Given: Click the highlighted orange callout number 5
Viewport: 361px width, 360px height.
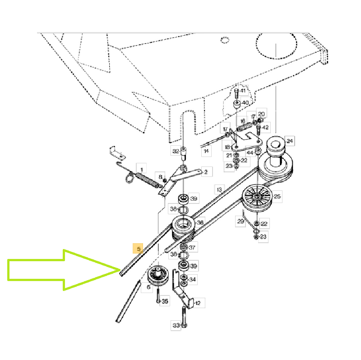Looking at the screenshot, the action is click(138, 249).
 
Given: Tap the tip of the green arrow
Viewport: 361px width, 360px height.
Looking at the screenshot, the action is click(120, 270).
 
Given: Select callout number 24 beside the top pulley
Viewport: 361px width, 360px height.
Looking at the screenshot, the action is click(290, 141).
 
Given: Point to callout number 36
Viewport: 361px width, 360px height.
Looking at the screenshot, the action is click(200, 222).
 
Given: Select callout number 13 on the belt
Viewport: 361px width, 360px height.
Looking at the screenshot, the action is click(219, 189).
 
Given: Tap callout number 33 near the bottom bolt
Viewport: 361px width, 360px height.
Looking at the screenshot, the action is click(176, 325).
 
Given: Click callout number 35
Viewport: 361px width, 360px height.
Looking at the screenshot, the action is click(165, 301).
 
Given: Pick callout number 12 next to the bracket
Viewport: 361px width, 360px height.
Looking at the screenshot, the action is click(197, 303).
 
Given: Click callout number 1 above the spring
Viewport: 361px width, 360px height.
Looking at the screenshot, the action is click(141, 170).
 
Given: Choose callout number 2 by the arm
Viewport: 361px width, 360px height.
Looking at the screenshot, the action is click(206, 172).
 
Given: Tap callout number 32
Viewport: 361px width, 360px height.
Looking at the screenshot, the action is click(176, 151).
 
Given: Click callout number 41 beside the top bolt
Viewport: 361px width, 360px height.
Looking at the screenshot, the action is click(243, 91).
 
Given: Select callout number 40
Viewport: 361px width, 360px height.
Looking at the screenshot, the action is click(245, 102).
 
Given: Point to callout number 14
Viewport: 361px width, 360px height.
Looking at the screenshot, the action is click(206, 151).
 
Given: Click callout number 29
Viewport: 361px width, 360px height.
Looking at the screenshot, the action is click(241, 221).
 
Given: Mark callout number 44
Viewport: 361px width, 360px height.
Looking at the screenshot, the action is click(250, 152).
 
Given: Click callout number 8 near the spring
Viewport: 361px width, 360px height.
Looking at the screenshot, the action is click(160, 177).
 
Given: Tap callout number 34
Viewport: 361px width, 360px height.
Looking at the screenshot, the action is click(193, 279).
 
